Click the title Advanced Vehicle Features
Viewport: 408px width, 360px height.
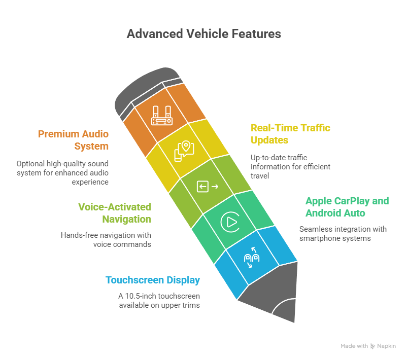tap(203, 34)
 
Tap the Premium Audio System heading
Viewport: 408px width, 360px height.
tap(73, 140)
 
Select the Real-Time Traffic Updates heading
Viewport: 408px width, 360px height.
tap(290, 134)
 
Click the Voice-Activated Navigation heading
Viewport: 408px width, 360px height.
tap(115, 213)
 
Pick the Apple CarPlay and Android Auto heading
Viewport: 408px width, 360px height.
tap(347, 207)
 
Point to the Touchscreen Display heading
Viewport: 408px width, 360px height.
tap(153, 280)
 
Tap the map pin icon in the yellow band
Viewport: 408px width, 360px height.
tap(184, 150)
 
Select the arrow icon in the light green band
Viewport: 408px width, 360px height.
tap(208, 187)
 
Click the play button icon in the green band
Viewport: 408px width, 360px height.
tap(229, 222)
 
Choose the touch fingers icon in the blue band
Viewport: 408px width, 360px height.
tap(252, 258)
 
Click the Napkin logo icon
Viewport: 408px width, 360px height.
tap(373, 346)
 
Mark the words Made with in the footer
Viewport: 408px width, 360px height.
tap(354, 346)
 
